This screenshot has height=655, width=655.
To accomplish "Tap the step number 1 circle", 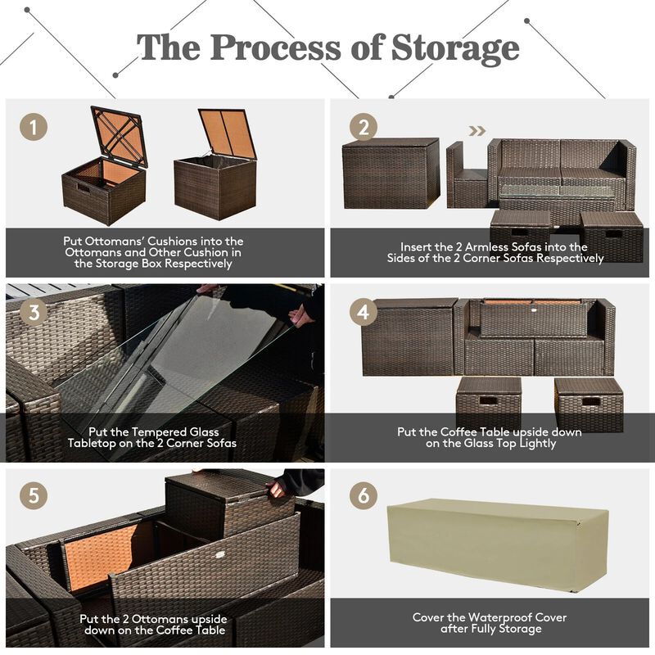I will click(34, 128).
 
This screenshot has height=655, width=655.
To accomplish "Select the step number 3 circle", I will click(34, 313).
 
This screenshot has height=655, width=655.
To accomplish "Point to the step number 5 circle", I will click(34, 497).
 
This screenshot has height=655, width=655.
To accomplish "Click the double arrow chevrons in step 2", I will click(477, 129).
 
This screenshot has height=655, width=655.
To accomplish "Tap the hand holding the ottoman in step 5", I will click(278, 489).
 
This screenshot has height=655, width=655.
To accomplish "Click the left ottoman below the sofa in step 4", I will click(488, 403).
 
